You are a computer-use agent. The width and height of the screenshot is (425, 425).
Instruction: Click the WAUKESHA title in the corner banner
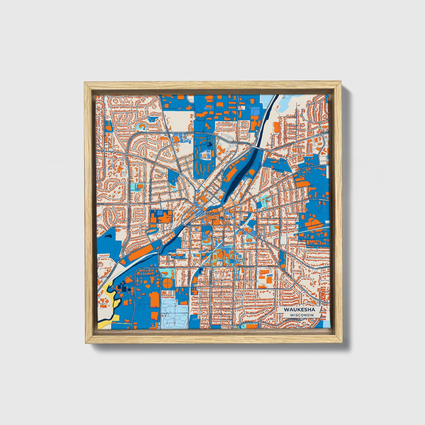[299, 310]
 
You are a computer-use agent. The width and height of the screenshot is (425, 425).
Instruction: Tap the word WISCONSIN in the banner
[301, 315]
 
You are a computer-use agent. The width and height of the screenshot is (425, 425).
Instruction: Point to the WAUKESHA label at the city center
[213, 214]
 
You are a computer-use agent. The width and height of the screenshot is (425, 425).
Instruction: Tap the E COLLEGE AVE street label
[245, 266]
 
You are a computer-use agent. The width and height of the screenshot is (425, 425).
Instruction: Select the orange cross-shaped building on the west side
[159, 218]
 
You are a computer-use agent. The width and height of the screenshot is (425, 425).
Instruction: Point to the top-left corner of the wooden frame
[85, 83]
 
